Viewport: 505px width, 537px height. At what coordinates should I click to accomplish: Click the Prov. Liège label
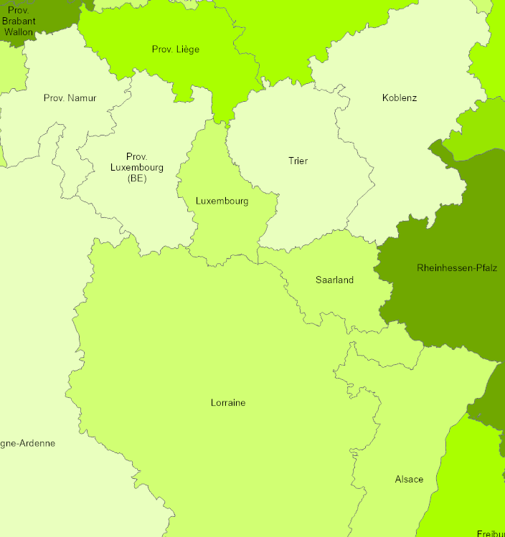[176, 49]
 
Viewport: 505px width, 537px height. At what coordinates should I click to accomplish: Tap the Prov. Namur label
[70, 98]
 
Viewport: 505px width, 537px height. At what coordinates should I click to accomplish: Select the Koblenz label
[400, 98]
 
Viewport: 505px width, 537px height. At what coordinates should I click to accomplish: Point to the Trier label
[298, 161]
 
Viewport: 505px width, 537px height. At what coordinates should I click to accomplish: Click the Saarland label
[334, 280]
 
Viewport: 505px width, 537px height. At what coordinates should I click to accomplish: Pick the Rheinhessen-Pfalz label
[457, 268]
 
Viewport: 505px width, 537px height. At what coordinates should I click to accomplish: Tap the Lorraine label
[228, 403]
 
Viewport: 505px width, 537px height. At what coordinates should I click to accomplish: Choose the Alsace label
[409, 479]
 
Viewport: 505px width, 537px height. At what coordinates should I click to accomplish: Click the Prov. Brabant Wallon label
[18, 22]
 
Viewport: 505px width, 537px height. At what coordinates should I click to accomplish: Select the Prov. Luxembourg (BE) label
[136, 168]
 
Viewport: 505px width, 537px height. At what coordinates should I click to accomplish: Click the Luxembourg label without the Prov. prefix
[222, 201]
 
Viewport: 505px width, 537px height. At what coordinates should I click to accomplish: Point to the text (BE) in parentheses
[136, 179]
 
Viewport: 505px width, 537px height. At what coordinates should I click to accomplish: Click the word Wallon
[18, 32]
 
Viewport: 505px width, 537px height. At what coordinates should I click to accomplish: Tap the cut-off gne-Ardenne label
[27, 443]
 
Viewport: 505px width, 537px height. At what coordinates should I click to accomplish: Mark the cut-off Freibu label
[491, 533]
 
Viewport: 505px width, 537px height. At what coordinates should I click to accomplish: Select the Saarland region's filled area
[337, 301]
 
